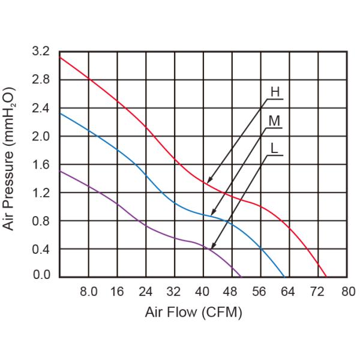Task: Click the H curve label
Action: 275,92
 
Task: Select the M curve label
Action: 275,121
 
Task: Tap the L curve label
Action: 275,146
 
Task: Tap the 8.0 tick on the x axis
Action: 89,292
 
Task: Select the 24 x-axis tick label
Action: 146,292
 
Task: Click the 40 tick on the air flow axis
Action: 203,292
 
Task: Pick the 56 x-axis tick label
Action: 260,292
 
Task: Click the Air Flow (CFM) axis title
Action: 193,313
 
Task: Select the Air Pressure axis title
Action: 10,159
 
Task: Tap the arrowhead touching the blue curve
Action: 212,214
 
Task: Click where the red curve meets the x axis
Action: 326,277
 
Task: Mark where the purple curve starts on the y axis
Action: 60,171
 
